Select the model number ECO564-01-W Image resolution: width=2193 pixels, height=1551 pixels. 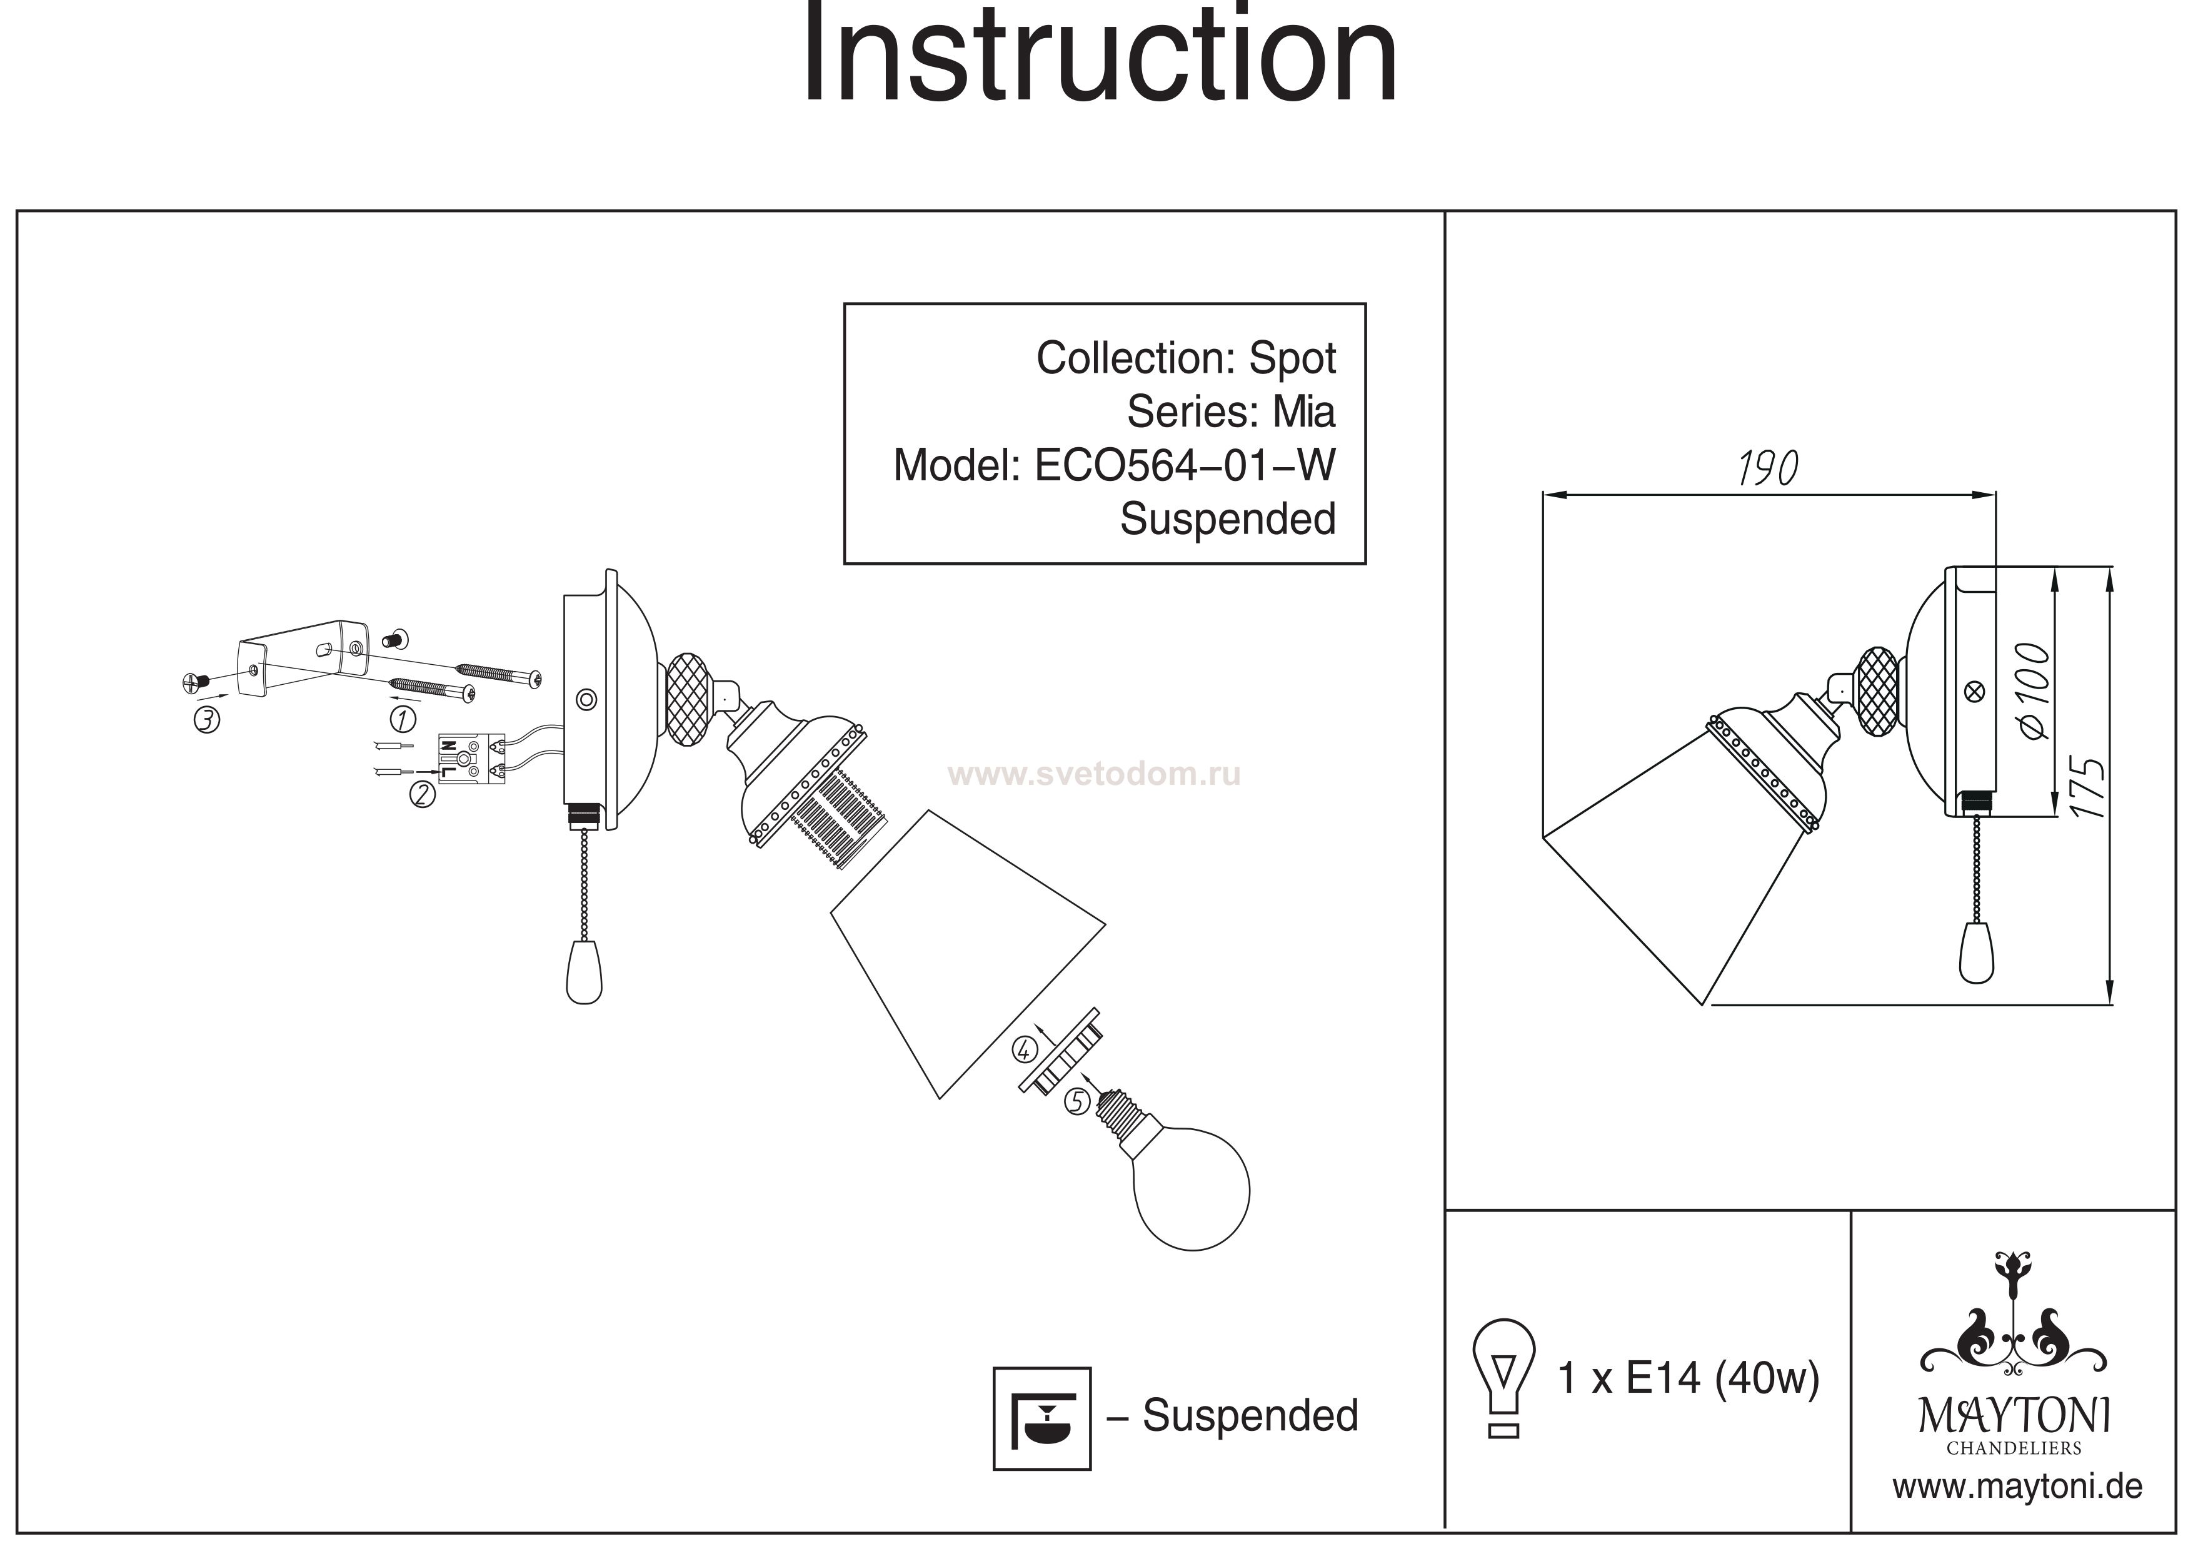pos(1185,467)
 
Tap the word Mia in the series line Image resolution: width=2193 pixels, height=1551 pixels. pos(1304,412)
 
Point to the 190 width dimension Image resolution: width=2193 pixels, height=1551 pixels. pos(1768,468)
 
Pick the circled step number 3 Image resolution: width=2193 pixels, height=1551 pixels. pos(206,720)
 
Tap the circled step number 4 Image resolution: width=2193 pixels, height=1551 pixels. pos(1025,1049)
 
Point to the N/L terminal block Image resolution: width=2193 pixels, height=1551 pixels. pos(471,760)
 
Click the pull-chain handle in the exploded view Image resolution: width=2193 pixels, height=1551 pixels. pos(584,972)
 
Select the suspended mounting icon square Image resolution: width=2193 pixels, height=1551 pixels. pos(1041,1418)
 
